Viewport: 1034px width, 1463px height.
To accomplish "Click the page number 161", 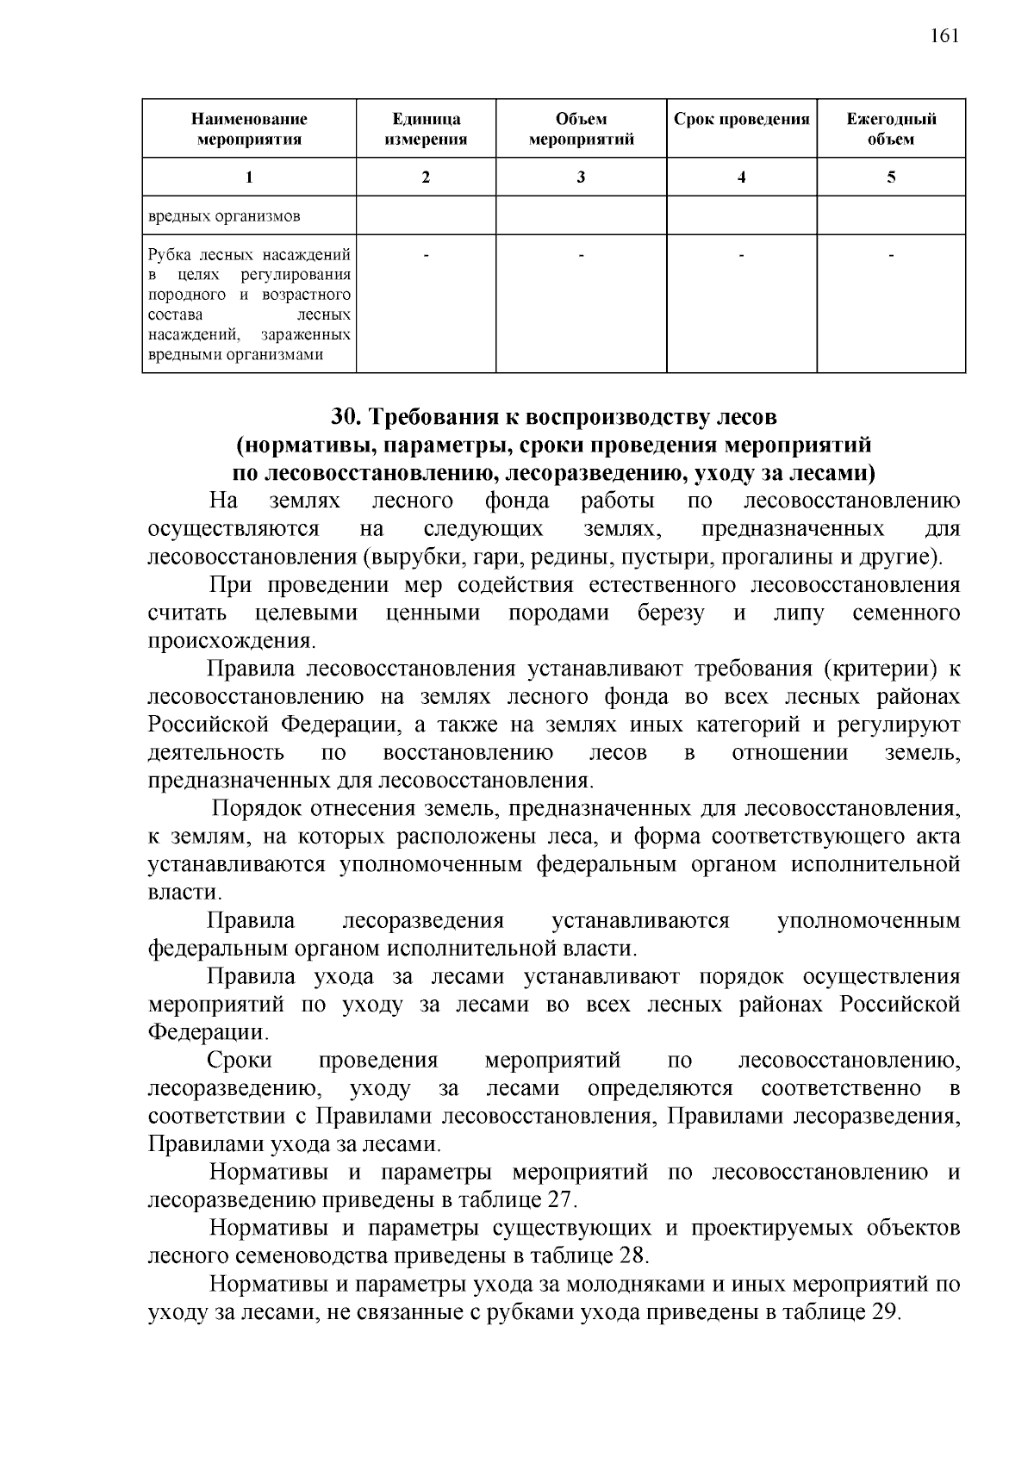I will pos(944,35).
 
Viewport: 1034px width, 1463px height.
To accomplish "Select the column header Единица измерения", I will pos(426,129).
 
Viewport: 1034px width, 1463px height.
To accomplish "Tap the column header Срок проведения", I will pos(741,120).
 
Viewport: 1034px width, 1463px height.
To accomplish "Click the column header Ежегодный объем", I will pos(891,129).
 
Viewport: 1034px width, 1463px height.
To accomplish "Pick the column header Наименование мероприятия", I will pos(249,129).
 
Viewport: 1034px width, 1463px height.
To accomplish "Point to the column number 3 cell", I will pos(581,177).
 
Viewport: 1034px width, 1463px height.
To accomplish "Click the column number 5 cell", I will pos(891,177).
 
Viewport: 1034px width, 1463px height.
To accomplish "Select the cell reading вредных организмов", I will pos(224,216).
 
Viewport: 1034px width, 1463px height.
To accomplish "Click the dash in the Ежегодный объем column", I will pos(891,255).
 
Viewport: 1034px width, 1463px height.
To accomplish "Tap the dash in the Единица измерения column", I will pos(426,255).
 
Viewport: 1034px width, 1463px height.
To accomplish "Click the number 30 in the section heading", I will pos(343,417).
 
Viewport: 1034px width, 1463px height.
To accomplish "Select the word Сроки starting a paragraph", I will pos(240,1061).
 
